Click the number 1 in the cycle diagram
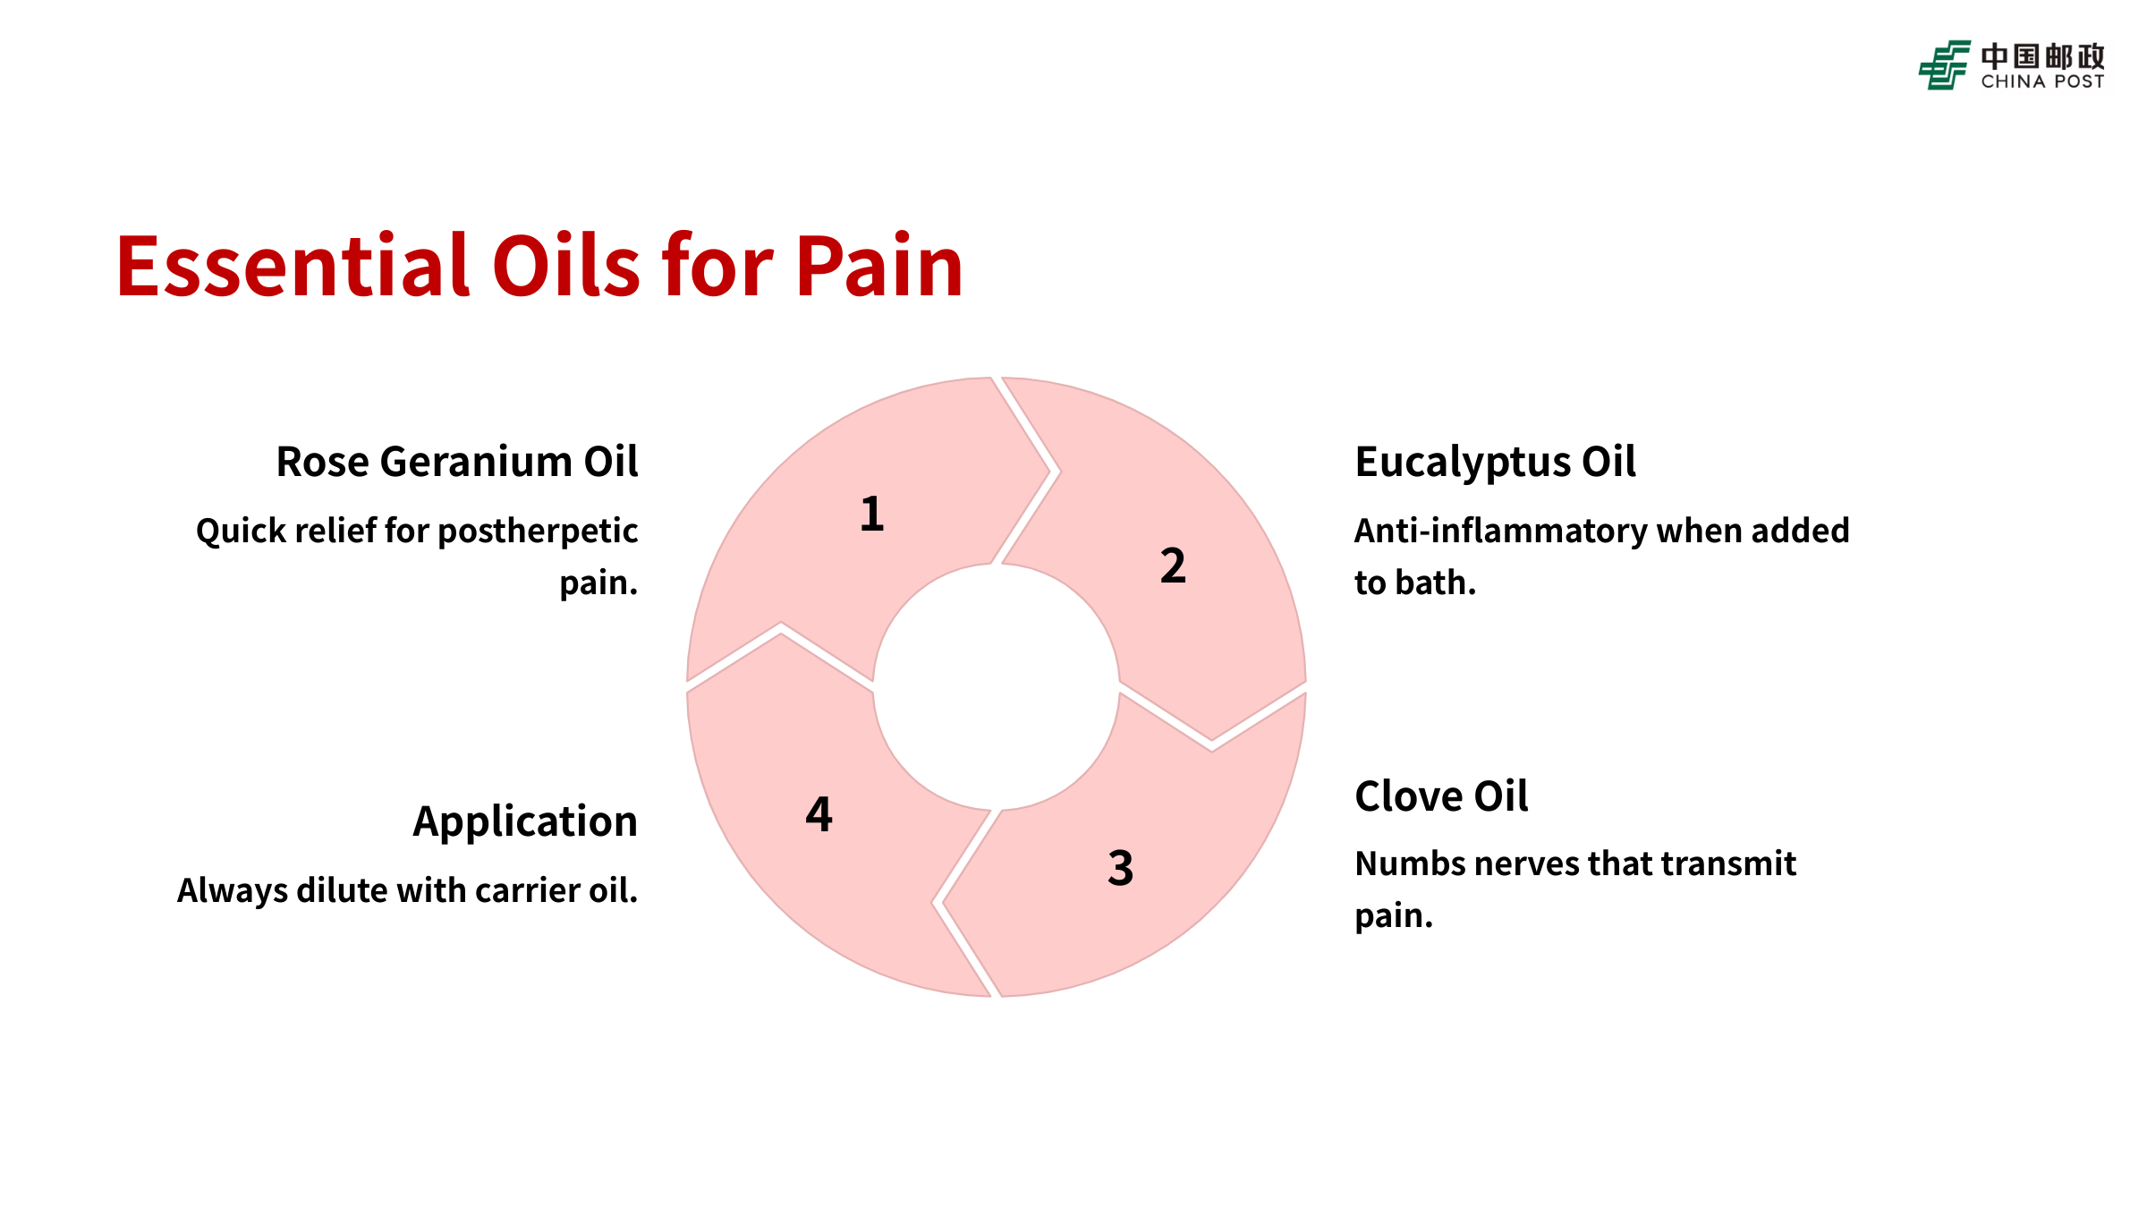(872, 515)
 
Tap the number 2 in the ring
(1173, 566)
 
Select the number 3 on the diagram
(1120, 868)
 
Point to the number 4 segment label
(819, 815)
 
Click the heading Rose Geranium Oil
(456, 463)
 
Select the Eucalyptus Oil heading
(1495, 463)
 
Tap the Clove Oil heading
(1441, 796)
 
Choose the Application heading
(525, 821)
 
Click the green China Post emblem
(1944, 65)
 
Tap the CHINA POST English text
(2042, 81)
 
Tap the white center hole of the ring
(996, 687)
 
